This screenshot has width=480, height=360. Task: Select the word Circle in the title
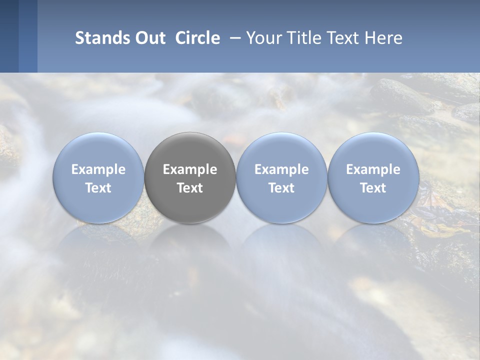[x=197, y=38]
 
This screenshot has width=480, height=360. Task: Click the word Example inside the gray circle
[x=190, y=170]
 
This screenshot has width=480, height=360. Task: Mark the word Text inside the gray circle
[x=190, y=188]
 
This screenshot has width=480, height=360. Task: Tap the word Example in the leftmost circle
[x=98, y=170]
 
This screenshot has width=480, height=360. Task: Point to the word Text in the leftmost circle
[x=98, y=188]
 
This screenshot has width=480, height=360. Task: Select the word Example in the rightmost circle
[x=373, y=170]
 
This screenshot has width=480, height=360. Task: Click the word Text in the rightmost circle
[x=373, y=188]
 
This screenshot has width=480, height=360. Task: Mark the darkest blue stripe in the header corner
[x=9, y=36]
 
